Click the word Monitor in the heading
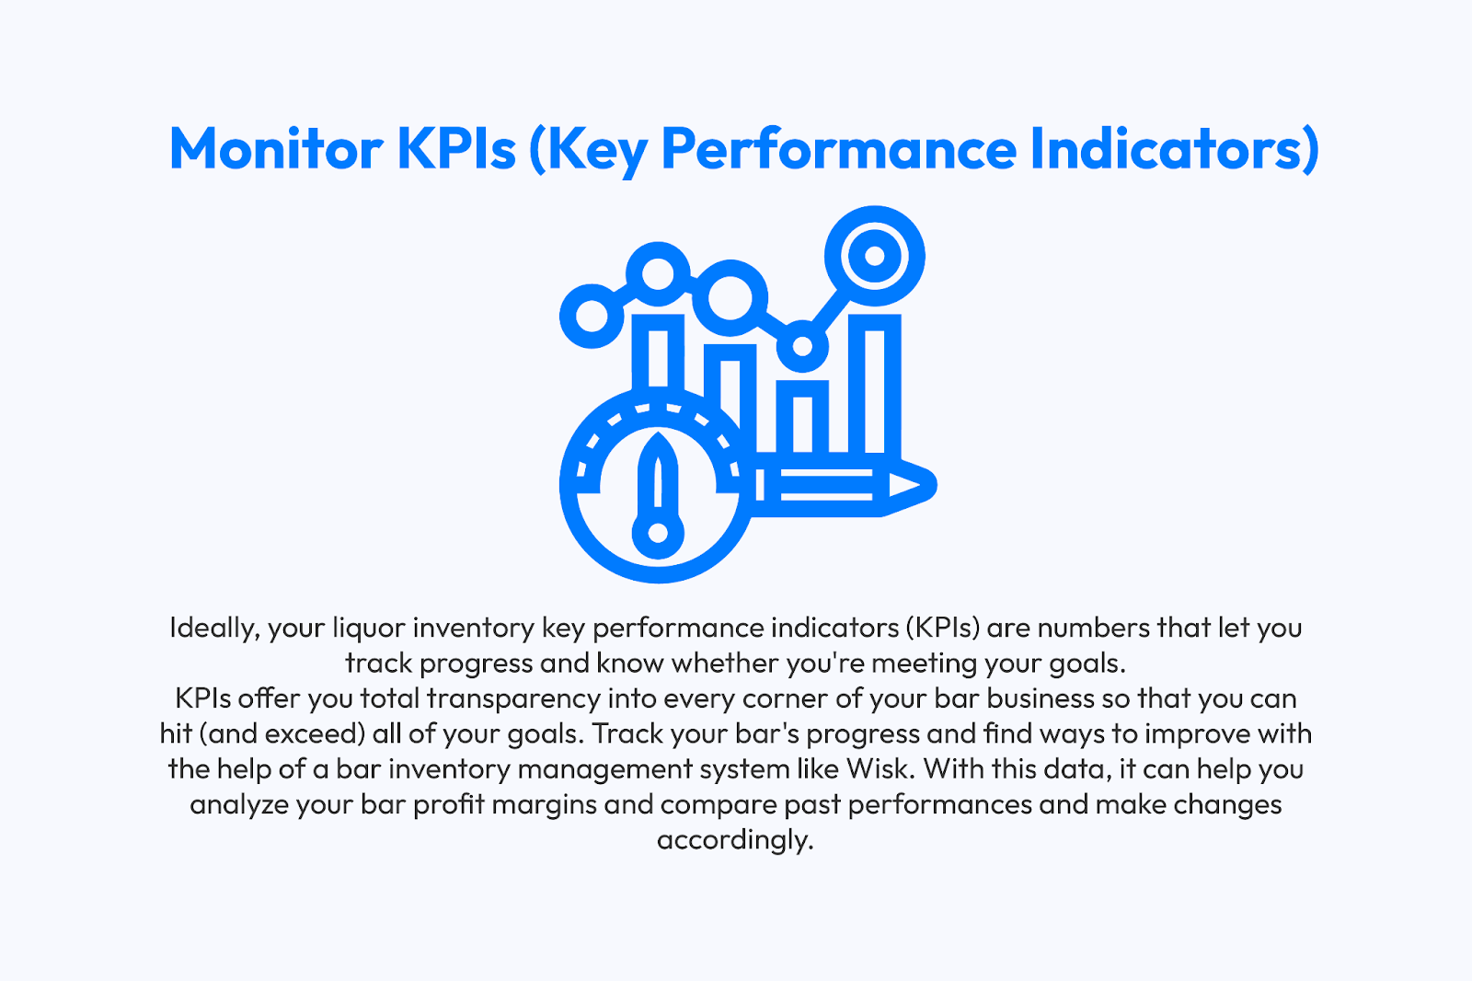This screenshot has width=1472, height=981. click(276, 148)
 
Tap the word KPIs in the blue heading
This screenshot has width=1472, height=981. click(456, 148)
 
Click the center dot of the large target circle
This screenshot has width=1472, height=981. click(875, 256)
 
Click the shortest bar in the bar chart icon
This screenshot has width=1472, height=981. click(802, 417)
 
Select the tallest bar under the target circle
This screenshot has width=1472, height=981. click(875, 384)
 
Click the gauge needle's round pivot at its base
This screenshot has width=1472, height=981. click(658, 533)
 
